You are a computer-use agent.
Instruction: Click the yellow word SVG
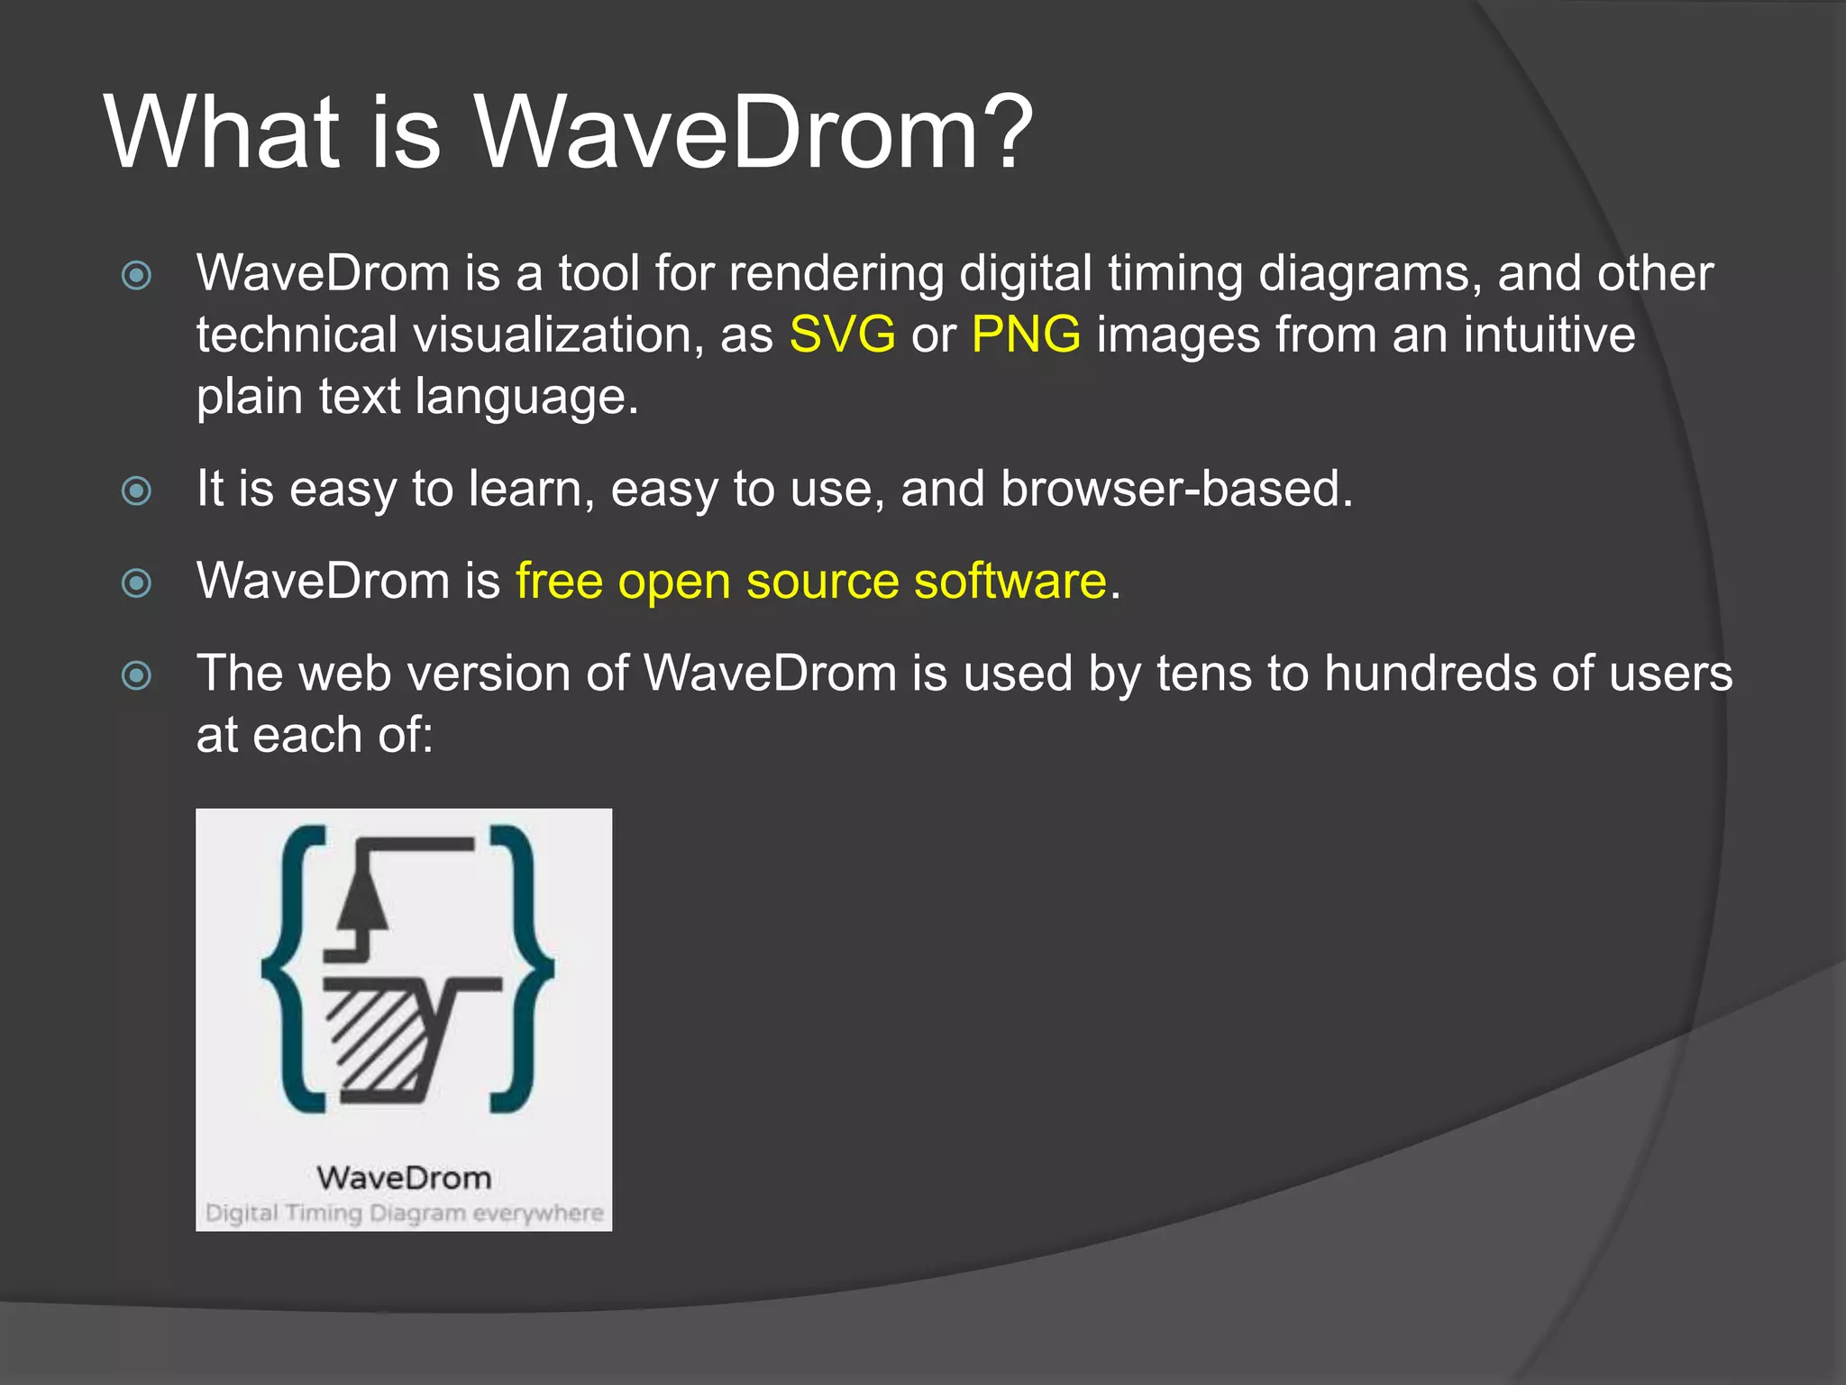[842, 335]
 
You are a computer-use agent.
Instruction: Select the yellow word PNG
[1026, 335]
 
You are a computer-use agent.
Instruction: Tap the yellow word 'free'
[559, 581]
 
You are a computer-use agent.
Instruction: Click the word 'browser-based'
[1176, 489]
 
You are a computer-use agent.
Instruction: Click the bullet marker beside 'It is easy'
[136, 491]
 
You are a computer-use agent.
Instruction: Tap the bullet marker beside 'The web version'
[136, 675]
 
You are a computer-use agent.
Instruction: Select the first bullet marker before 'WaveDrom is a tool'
[136, 275]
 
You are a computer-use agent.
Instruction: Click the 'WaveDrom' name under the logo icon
[404, 1178]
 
